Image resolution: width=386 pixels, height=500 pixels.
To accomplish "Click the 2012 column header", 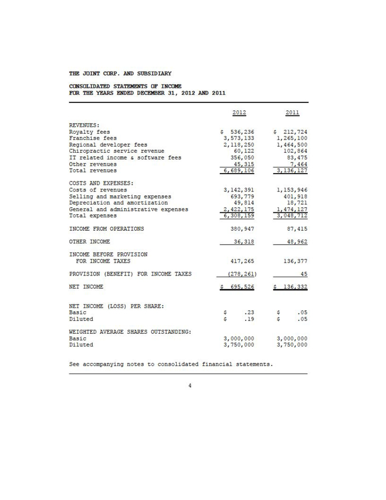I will (239, 113).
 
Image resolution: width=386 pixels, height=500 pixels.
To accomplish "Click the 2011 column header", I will (291, 113).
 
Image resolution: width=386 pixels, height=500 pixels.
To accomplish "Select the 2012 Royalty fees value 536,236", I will (242, 132).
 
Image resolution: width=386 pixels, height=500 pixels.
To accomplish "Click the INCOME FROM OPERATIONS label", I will (106, 228).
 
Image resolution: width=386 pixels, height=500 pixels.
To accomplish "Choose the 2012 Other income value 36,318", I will (243, 242).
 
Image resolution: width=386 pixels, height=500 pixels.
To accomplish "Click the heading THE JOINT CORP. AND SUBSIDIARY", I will (120, 73).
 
